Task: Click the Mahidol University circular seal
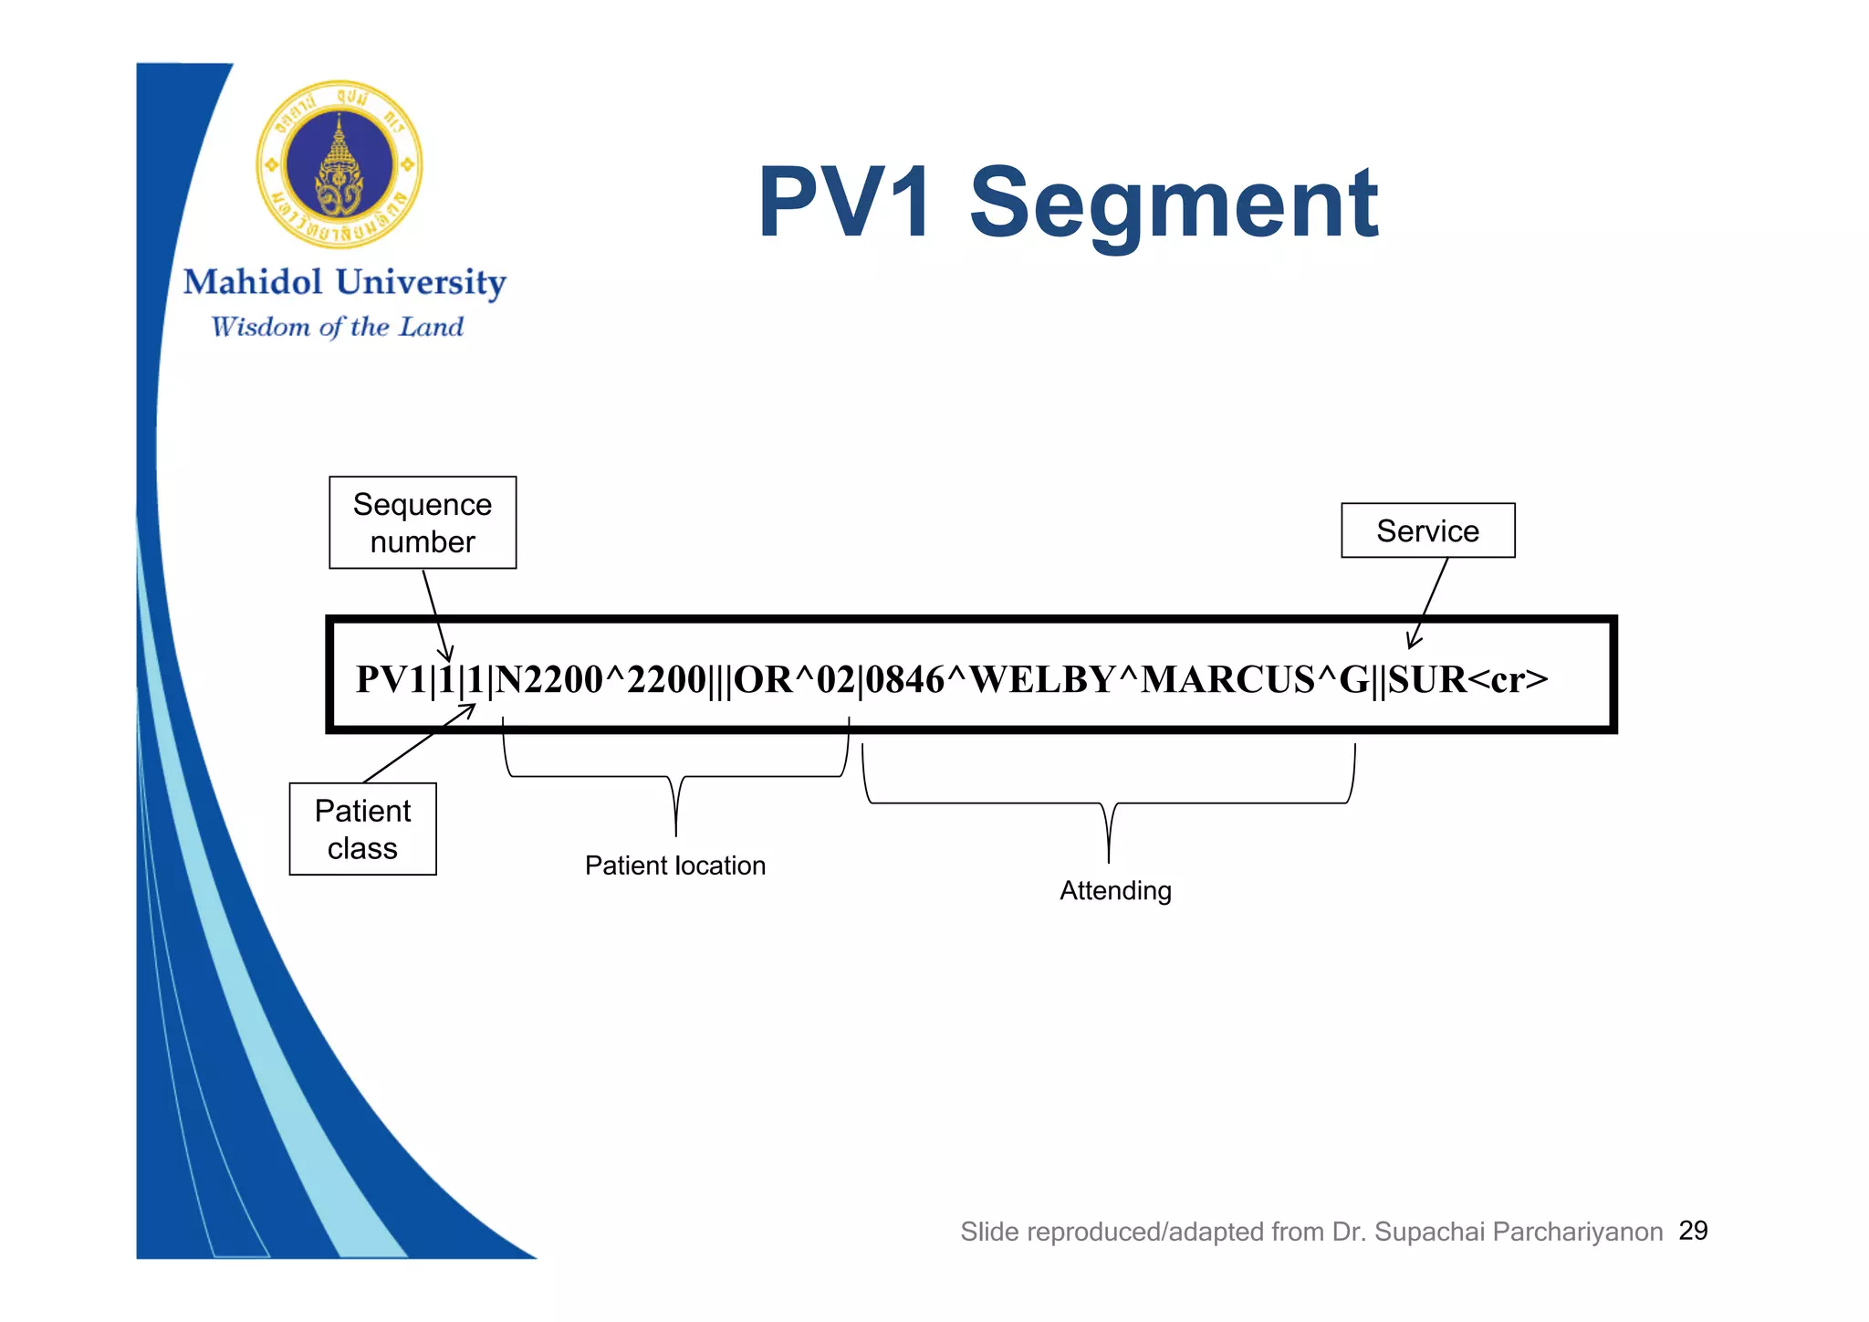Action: coord(339,165)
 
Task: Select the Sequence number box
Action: coord(423,522)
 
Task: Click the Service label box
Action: coord(1427,530)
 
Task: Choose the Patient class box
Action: coord(362,829)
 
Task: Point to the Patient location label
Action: coord(675,866)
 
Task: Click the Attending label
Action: coord(1115,890)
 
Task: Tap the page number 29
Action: coord(1693,1231)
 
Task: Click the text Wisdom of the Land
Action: coord(338,327)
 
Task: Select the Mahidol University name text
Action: coord(344,283)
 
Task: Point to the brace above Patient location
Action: coord(675,776)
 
